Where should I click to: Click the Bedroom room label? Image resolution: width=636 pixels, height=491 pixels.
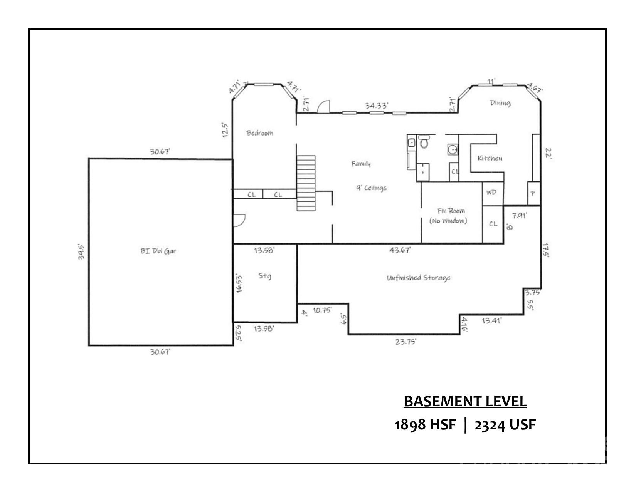click(x=259, y=133)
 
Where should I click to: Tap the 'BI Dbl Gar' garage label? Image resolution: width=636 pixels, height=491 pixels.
click(x=158, y=251)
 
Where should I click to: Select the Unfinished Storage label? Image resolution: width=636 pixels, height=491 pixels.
click(x=418, y=278)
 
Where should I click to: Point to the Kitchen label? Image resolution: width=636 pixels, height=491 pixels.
click(x=490, y=158)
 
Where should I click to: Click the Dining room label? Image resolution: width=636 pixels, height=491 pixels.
click(x=500, y=103)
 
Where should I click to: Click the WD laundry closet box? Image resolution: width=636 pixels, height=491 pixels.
click(x=491, y=193)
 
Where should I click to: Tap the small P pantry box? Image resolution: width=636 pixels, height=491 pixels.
click(x=533, y=194)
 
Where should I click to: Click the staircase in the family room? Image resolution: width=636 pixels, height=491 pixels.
click(x=306, y=183)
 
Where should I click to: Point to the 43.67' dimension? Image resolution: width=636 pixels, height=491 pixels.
click(x=400, y=250)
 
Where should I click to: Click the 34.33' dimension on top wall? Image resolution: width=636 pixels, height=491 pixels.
click(x=377, y=106)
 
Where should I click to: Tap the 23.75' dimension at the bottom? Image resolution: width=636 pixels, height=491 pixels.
click(x=405, y=341)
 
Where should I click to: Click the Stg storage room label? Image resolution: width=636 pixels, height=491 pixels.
click(x=264, y=276)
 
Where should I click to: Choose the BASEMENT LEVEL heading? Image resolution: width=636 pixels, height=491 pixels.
click(x=465, y=402)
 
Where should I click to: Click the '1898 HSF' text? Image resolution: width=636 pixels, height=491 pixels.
click(x=425, y=425)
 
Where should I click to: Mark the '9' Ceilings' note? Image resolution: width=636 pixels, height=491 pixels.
click(x=371, y=188)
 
